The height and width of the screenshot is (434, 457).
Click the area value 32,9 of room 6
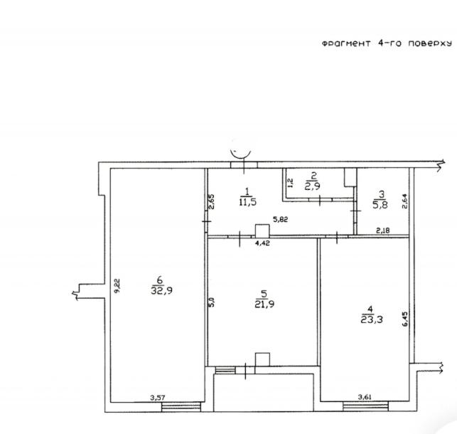162,290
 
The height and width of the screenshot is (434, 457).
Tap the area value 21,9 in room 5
264,305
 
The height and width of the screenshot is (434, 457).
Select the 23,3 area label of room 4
372,319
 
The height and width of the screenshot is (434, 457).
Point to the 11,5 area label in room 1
248,202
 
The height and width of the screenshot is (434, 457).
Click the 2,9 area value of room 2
313,186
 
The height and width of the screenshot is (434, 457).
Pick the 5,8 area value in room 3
380,205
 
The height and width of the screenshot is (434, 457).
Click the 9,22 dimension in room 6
117,286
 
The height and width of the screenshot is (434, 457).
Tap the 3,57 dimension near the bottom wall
157,397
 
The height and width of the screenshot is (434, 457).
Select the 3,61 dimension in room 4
365,397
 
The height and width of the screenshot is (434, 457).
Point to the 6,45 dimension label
405,319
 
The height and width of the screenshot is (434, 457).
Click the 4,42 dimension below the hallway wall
262,243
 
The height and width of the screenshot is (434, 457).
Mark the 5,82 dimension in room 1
280,219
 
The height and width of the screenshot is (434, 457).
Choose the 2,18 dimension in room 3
382,231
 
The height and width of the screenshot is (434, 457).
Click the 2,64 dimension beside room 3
405,201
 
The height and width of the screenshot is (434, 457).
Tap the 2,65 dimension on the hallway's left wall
212,201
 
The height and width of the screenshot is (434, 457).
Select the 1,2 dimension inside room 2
290,183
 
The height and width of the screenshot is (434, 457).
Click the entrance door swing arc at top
241,154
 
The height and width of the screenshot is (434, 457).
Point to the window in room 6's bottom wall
181,406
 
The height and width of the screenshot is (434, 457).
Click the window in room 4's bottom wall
365,406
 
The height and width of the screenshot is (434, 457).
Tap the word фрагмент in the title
346,43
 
